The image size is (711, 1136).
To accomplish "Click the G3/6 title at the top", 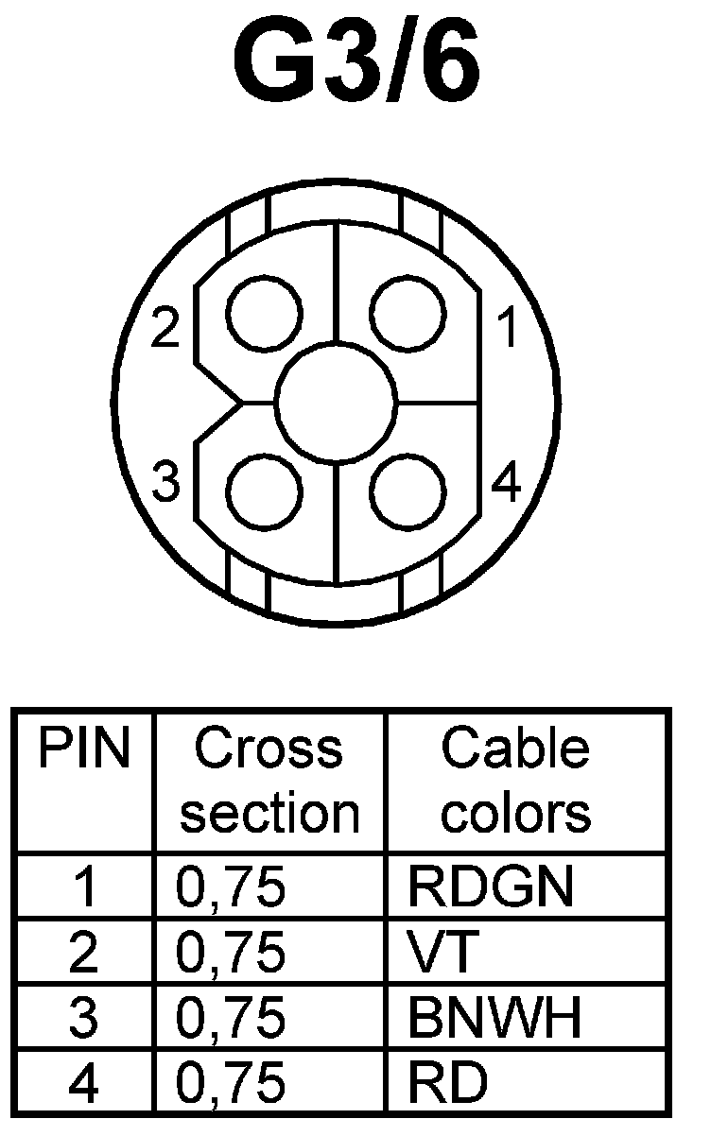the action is pyautogui.click(x=355, y=66).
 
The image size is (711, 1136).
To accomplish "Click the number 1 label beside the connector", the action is pyautogui.click(x=509, y=329).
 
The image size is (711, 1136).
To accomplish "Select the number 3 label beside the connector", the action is pyautogui.click(x=166, y=484).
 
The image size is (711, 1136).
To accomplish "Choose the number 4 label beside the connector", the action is pyautogui.click(x=507, y=484).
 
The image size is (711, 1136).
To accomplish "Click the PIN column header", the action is pyautogui.click(x=83, y=749).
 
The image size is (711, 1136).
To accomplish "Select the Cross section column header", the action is pyautogui.click(x=269, y=781).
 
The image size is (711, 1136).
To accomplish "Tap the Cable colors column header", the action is pyautogui.click(x=516, y=781).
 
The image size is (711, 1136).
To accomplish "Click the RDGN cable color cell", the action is pyautogui.click(x=490, y=886).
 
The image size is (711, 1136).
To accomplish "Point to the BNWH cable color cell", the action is pyautogui.click(x=494, y=1018).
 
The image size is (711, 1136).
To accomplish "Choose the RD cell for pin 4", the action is pyautogui.click(x=448, y=1083).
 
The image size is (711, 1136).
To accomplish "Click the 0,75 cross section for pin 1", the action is pyautogui.click(x=231, y=886).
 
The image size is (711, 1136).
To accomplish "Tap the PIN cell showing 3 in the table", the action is pyautogui.click(x=83, y=1018).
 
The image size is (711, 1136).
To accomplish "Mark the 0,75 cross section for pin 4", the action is pyautogui.click(x=231, y=1083).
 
